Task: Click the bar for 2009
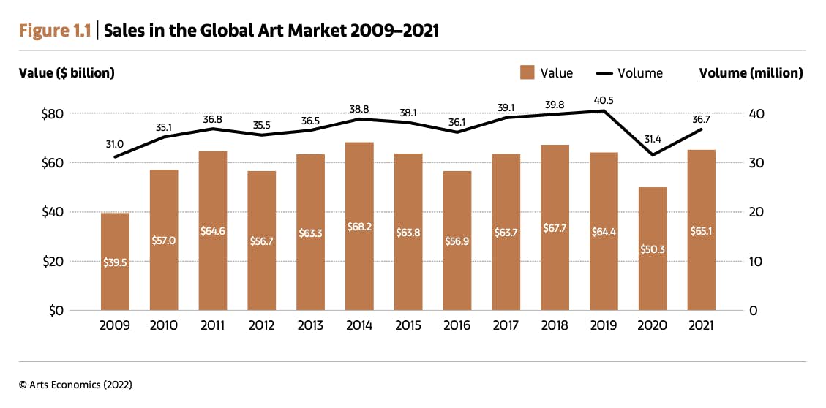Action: (x=115, y=261)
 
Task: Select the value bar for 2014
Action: (x=359, y=226)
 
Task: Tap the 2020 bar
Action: (x=652, y=249)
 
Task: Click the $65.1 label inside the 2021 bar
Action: (x=701, y=231)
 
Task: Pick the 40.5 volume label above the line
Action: (x=603, y=100)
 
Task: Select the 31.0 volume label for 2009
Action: (x=114, y=145)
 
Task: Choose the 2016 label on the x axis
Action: (x=457, y=325)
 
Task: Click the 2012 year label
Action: (x=261, y=325)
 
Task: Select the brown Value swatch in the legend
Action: (x=527, y=72)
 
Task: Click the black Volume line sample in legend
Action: (x=604, y=73)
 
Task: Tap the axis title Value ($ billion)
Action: (x=67, y=73)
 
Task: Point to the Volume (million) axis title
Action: (x=751, y=73)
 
